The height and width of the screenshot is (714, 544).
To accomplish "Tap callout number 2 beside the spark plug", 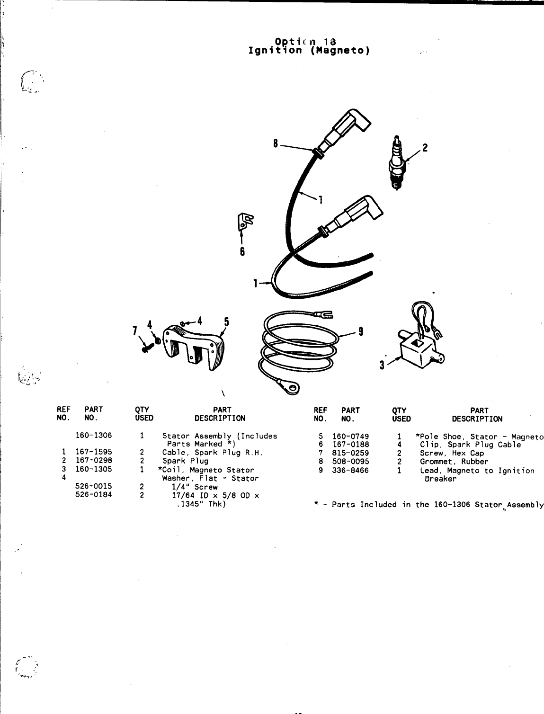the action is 425,148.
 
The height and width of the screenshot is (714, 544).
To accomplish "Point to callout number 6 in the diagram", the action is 242,251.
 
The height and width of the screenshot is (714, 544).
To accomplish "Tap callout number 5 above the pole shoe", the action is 226,322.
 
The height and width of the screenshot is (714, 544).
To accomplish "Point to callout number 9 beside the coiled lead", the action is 361,331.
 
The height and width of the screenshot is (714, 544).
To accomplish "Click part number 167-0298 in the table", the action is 94,461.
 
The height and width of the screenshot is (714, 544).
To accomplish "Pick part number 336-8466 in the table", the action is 350,470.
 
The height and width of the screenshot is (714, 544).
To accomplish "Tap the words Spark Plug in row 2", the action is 185,461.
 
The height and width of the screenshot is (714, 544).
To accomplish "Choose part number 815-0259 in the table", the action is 350,453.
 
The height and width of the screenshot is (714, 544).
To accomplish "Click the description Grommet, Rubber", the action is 454,462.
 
